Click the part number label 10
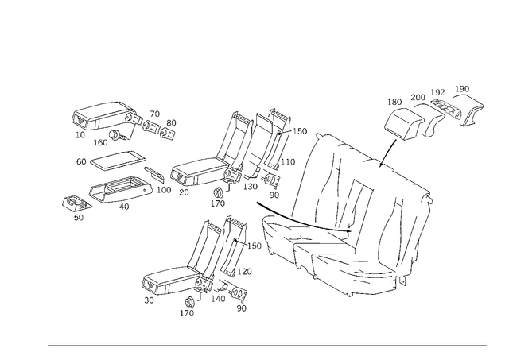(x=80, y=134)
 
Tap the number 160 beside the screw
(x=100, y=142)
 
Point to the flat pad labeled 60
(x=118, y=160)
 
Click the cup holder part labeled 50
(x=76, y=203)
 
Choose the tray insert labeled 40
(x=121, y=191)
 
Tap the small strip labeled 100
(x=154, y=173)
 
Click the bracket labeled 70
(x=150, y=126)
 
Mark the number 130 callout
(x=251, y=187)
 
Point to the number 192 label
(x=437, y=92)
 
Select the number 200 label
(x=418, y=97)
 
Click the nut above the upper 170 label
(x=217, y=192)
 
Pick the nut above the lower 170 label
(x=189, y=302)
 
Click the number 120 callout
(x=245, y=272)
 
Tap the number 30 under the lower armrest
(x=149, y=300)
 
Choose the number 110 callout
(x=288, y=161)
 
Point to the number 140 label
(x=218, y=298)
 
